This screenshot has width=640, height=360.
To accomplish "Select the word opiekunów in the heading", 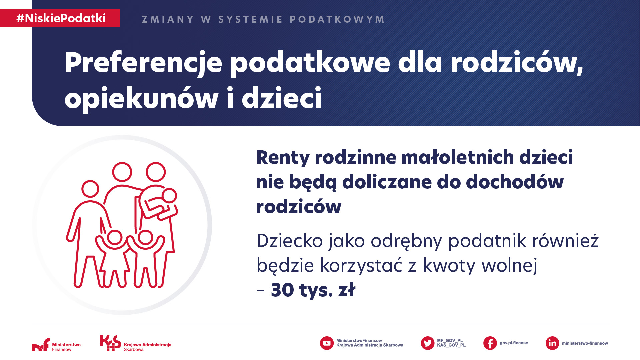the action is point(142,98).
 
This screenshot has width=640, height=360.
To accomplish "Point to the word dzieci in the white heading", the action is point(282,98).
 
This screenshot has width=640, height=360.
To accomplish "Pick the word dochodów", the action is point(515,182).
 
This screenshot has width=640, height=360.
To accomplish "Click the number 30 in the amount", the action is point(282,290).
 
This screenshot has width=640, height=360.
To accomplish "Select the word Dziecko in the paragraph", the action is point(290,241).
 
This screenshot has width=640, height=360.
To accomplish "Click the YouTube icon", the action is point(327,343).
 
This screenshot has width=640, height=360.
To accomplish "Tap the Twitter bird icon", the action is point(428,343).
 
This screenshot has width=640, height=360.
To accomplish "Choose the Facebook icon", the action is point(490,343).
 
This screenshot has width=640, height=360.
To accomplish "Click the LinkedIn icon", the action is point(552,343).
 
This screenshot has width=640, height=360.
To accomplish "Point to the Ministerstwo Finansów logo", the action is point(56,345).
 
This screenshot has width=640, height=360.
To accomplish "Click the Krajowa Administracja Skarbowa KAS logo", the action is point(136,343).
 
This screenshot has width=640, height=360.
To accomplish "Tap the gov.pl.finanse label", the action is point(514,343).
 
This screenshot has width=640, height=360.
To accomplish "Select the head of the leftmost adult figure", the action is point(90,189).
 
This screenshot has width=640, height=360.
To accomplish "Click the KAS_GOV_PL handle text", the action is point(451,345).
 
